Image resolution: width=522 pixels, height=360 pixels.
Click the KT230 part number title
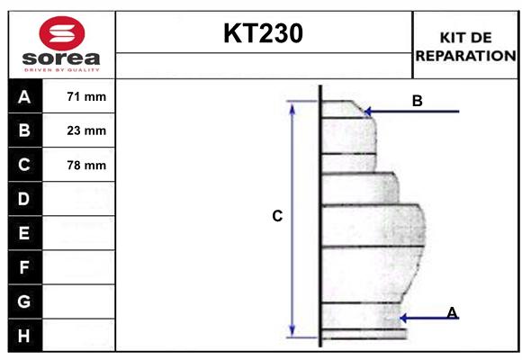(263, 33)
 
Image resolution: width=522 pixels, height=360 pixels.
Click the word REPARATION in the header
(464, 55)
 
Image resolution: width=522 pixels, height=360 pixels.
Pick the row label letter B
(24, 131)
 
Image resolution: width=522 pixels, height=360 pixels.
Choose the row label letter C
(24, 165)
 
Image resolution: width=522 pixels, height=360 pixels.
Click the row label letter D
(24, 199)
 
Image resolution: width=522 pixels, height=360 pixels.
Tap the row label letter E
(24, 233)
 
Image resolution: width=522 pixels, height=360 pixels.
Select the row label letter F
(24, 267)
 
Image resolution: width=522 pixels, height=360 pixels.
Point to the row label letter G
(24, 301)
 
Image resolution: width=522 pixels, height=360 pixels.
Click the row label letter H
(24, 335)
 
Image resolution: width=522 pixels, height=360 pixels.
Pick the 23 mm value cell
(86, 131)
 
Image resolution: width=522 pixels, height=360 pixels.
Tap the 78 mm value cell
(86, 165)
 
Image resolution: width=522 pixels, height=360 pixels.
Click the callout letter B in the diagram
(417, 101)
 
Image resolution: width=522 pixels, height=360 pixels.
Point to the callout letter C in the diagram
(277, 216)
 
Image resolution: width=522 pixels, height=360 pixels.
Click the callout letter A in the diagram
(452, 312)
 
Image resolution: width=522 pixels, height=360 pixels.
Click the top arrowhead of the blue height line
(292, 106)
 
